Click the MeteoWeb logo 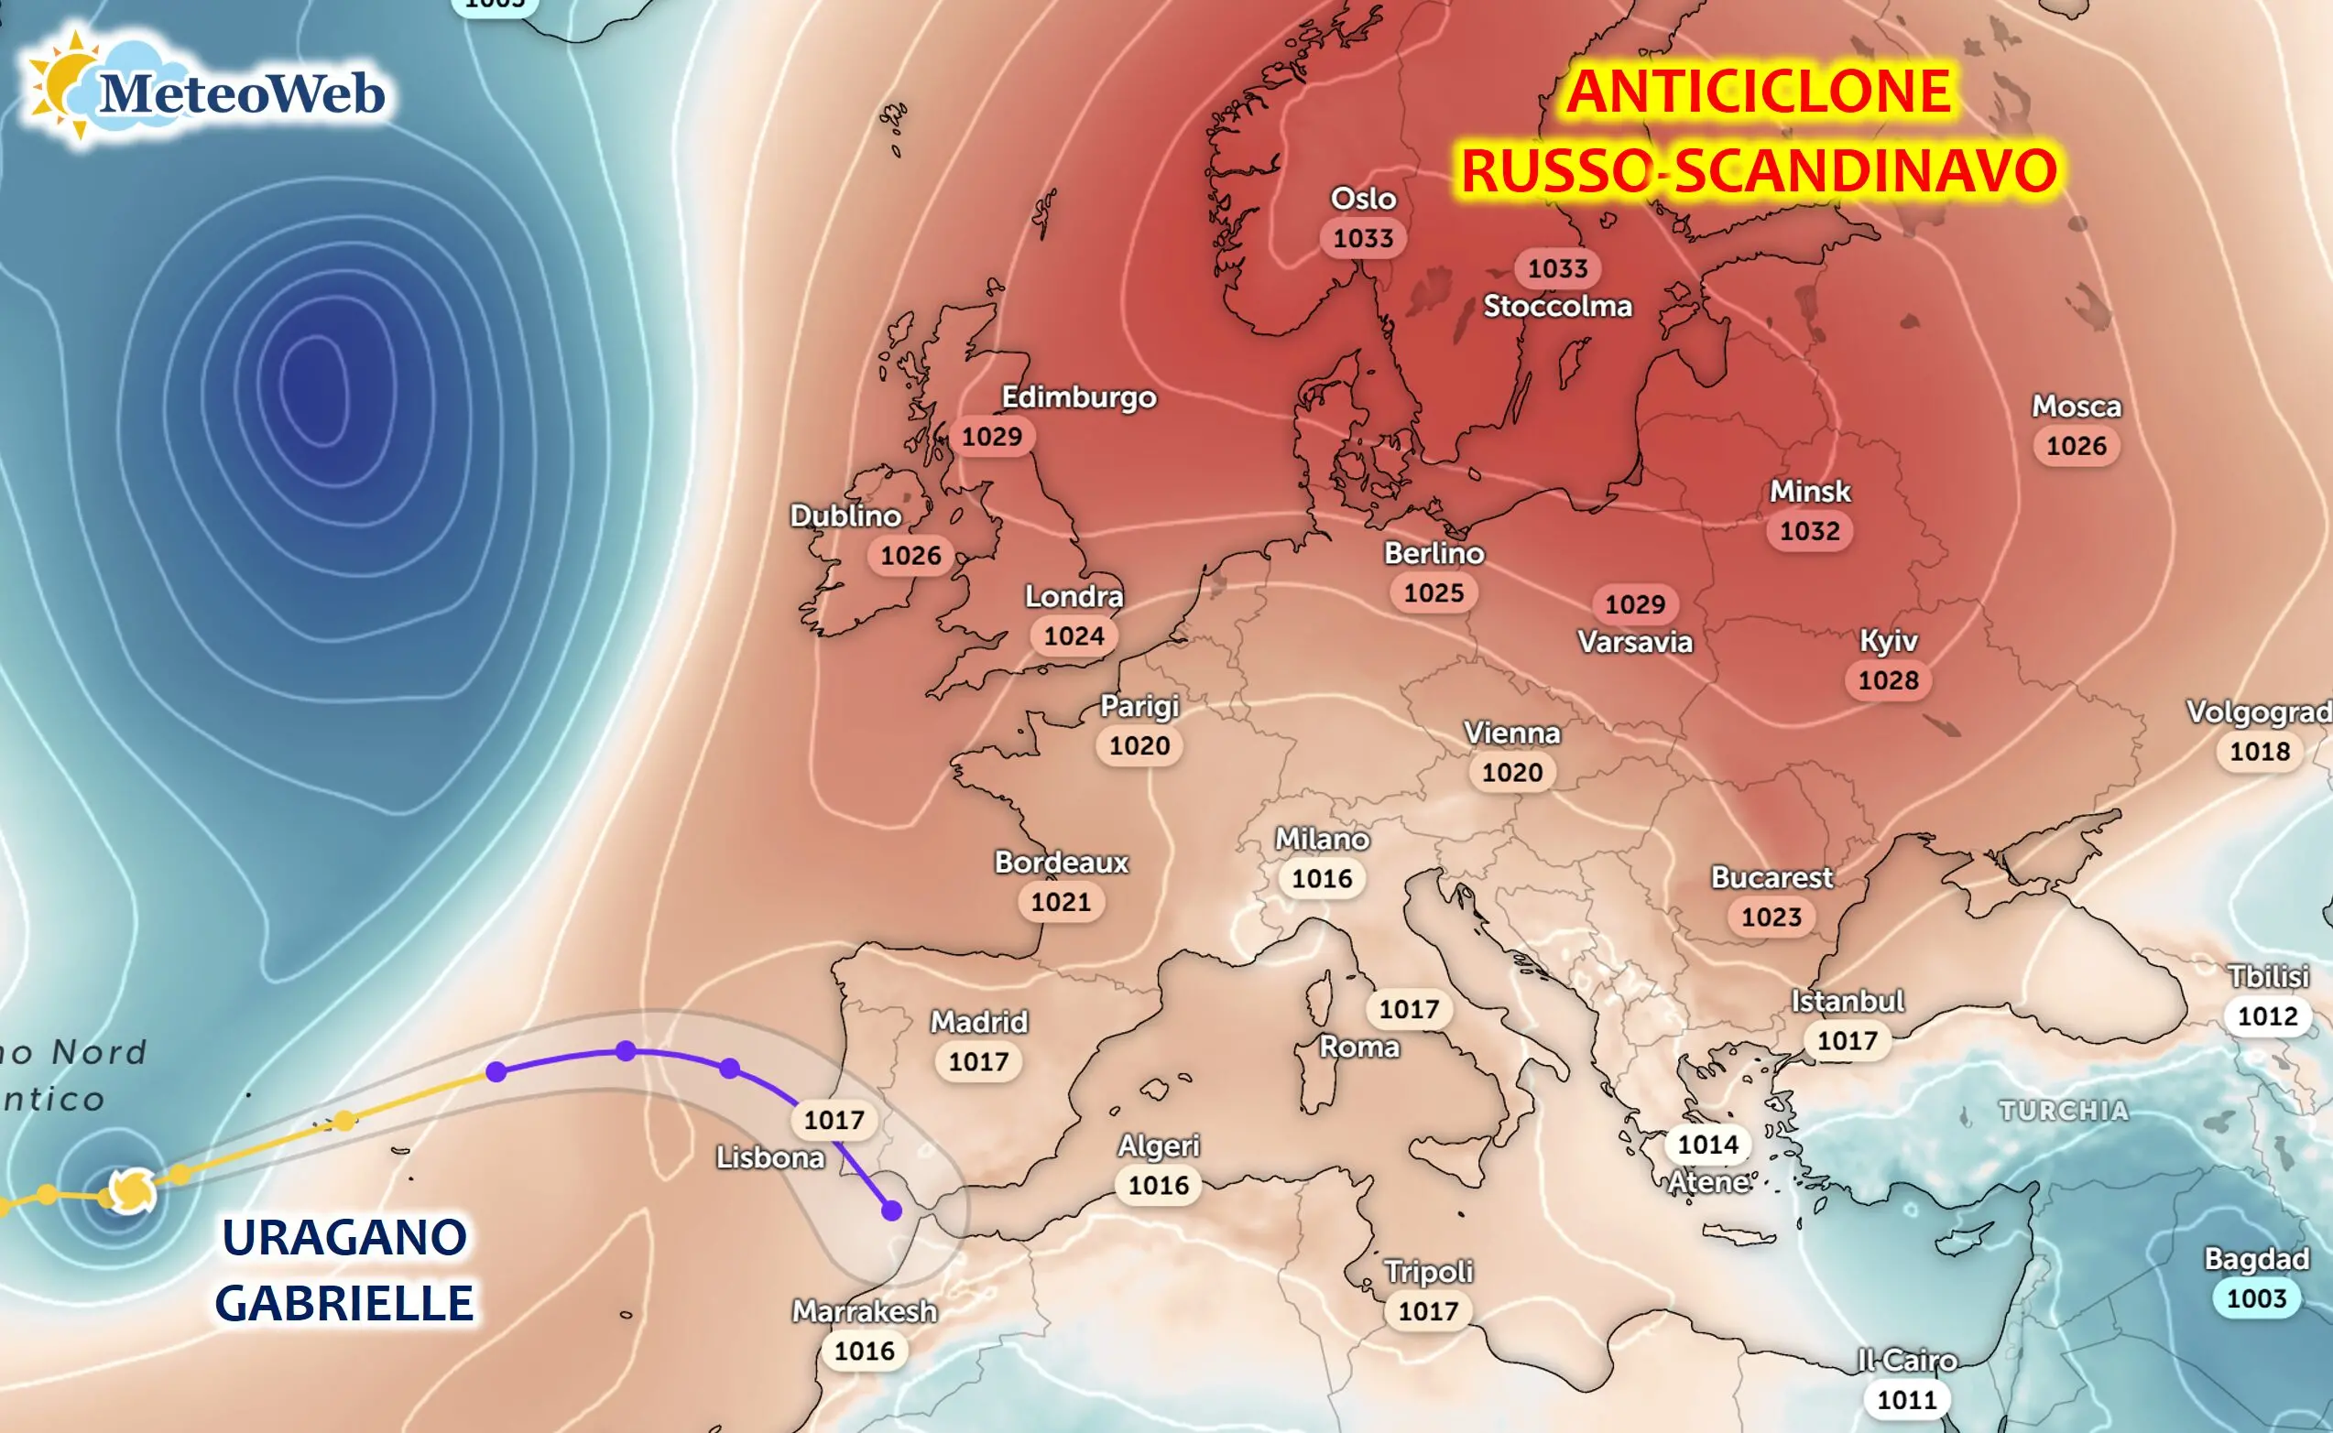(x=204, y=90)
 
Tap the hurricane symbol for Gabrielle (x=131, y=1190)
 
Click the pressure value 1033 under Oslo (x=1362, y=238)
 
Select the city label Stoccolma (x=1556, y=306)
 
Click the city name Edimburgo (x=1078, y=397)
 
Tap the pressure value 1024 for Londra (x=1074, y=636)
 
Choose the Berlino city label (x=1434, y=553)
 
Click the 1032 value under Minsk (x=1809, y=531)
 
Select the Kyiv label (x=1888, y=642)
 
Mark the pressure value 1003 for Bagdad (x=2255, y=1298)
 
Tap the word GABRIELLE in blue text (x=344, y=1303)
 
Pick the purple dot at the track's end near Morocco (x=891, y=1210)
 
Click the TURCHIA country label (x=2063, y=1111)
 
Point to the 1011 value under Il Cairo (x=1906, y=1400)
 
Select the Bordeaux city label (x=1061, y=863)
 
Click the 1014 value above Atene (x=1707, y=1145)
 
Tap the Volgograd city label (x=2257, y=711)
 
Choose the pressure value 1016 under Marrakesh (x=864, y=1351)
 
